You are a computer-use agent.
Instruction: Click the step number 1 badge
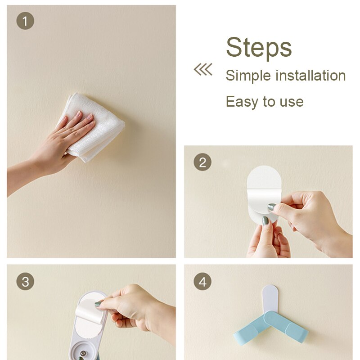(25, 21)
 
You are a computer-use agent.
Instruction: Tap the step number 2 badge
(202, 162)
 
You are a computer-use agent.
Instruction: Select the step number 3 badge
(25, 282)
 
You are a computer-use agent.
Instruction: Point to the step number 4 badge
(202, 282)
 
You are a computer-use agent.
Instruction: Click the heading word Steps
(259, 48)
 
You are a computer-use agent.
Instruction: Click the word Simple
(248, 76)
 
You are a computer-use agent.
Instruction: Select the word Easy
(242, 102)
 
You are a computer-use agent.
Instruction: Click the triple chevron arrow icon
(203, 69)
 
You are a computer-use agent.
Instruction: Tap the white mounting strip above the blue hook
(270, 298)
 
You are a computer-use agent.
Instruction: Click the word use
(292, 102)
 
